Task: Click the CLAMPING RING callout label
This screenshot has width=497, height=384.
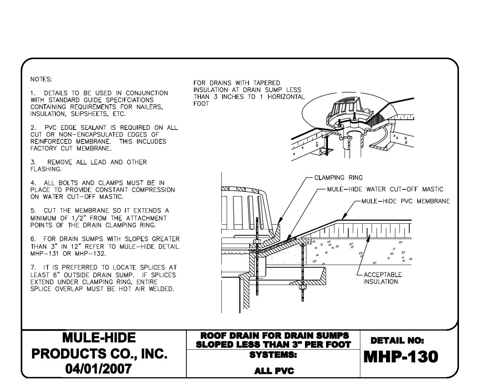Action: point(338,178)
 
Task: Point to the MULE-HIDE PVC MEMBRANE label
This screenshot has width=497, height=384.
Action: point(405,201)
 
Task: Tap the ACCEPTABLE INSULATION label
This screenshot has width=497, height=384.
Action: point(382,278)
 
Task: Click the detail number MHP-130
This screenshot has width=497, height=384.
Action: point(401,357)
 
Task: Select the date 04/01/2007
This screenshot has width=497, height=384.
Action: point(99,369)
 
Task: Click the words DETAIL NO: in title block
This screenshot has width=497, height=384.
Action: point(397,341)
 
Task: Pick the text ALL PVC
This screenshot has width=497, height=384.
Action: point(274,371)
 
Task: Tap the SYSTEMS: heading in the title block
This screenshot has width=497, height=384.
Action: point(273,355)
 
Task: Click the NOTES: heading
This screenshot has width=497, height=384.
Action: point(41,79)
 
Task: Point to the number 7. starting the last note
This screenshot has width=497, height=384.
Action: point(33,267)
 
